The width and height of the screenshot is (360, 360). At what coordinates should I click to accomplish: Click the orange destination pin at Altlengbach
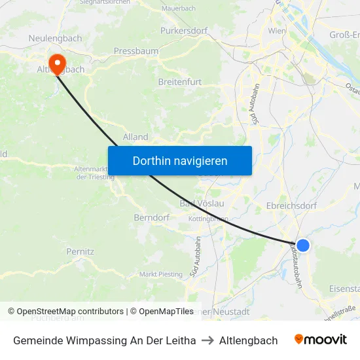click(x=58, y=63)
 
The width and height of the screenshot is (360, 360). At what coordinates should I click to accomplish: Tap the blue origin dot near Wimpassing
click(x=302, y=245)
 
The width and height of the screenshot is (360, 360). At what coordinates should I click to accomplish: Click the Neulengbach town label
click(x=56, y=39)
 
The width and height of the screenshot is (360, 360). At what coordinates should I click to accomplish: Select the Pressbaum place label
click(x=135, y=50)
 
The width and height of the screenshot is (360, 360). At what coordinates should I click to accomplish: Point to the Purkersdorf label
click(x=185, y=30)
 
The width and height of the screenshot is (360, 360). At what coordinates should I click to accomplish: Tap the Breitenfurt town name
click(x=180, y=82)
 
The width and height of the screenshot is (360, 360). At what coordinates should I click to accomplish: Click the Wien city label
click(x=277, y=31)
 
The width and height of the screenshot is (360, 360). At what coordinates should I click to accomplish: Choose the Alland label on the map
click(x=135, y=137)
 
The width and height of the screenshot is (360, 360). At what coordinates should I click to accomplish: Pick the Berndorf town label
click(x=152, y=217)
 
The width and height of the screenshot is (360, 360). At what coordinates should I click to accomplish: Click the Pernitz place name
click(x=81, y=251)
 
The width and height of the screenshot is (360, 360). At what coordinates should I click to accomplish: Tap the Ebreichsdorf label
click(x=292, y=205)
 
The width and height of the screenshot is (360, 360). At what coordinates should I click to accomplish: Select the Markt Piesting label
click(x=161, y=274)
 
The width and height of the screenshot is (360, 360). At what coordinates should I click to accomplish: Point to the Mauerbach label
click(x=178, y=9)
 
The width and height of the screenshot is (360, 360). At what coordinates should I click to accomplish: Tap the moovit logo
click(x=321, y=340)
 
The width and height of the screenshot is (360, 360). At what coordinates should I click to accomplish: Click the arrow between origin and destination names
click(x=207, y=340)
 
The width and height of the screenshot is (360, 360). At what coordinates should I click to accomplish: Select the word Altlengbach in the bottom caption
click(x=248, y=340)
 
